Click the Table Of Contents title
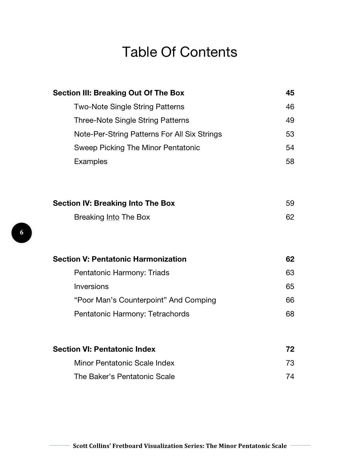pos(180,52)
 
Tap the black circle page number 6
pos(21,233)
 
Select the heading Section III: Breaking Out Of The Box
pos(118,93)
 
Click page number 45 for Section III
pos(290,93)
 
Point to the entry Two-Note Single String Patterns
pos(129,107)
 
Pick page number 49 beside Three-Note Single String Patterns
pos(290,120)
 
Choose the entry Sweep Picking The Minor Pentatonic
pos(137,148)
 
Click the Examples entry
pos(91,161)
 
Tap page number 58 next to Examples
pos(290,161)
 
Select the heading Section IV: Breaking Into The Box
pos(114,203)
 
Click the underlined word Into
pos(113,217)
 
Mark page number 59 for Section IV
pos(290,203)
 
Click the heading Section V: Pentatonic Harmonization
pos(119,259)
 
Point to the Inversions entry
pos(91,286)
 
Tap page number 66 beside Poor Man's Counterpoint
pos(290,300)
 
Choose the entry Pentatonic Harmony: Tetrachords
pos(132,314)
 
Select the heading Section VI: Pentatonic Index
pos(104,349)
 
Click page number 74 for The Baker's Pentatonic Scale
pos(290,377)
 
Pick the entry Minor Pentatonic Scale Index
pos(124,363)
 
